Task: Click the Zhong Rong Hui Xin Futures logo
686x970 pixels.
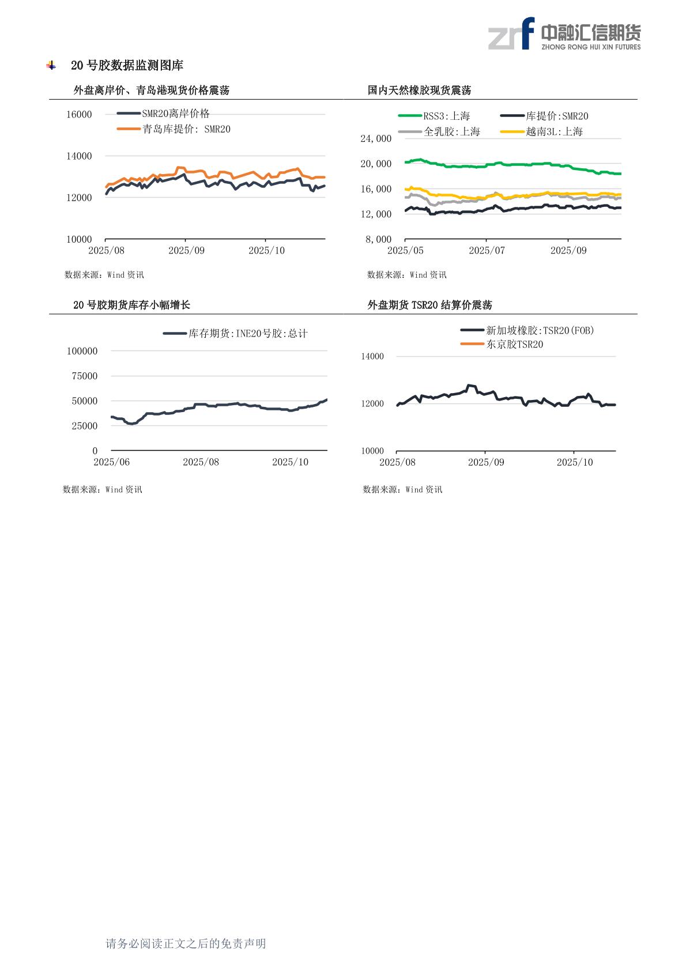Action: [x=564, y=34]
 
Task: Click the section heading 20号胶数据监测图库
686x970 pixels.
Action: [x=127, y=66]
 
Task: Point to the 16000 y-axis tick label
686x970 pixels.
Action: [x=79, y=114]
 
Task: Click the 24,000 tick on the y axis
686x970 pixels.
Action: [x=376, y=138]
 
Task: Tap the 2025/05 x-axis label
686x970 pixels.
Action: [x=405, y=251]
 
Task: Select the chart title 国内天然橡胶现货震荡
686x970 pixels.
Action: [x=419, y=90]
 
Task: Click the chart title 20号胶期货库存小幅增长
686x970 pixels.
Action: [x=131, y=305]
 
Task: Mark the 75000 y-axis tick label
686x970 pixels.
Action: [x=82, y=376]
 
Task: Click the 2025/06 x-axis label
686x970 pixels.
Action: [x=112, y=462]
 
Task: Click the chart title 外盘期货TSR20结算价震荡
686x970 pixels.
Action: [x=429, y=305]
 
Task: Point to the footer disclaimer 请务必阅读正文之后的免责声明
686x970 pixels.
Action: [x=186, y=943]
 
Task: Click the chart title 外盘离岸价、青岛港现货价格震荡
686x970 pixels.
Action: [x=152, y=90]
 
